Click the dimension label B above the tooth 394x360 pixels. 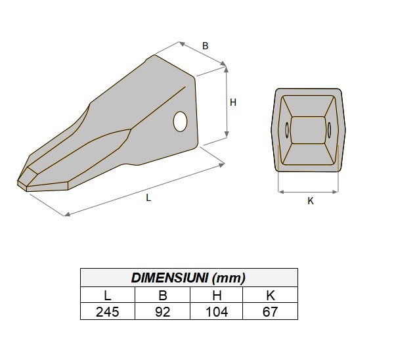pyautogui.click(x=205, y=46)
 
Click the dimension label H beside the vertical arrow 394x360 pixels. pyautogui.click(x=232, y=102)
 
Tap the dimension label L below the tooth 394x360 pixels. pyautogui.click(x=148, y=197)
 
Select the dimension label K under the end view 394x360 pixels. pyautogui.click(x=311, y=201)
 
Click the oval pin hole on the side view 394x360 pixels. pyautogui.click(x=181, y=121)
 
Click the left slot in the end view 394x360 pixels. pyautogui.click(x=287, y=129)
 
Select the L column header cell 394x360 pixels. pyautogui.click(x=108, y=295)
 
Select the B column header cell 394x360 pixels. pyautogui.click(x=162, y=295)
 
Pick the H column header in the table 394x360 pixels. pyautogui.click(x=217, y=295)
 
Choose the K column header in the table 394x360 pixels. pyautogui.click(x=271, y=295)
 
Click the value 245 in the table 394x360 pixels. pyautogui.click(x=108, y=311)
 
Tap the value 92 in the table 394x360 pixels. pyautogui.click(x=162, y=311)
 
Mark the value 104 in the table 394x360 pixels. pyautogui.click(x=217, y=311)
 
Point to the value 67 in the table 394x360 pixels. pyautogui.click(x=271, y=311)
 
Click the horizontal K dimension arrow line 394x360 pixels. pyautogui.click(x=309, y=192)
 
